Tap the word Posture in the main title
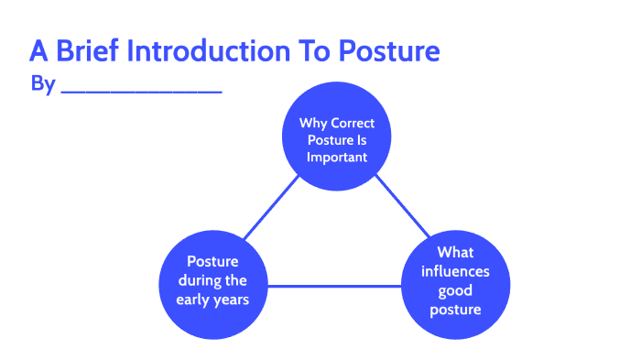coord(391,51)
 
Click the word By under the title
coord(43,84)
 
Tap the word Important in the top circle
coord(338,157)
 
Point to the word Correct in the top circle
coord(354,123)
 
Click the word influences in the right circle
coord(456,271)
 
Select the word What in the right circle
coord(456,252)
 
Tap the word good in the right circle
coord(456,290)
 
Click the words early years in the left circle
coord(216,299)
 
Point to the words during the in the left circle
coord(216,279)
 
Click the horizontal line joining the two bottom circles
coord(335,286)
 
